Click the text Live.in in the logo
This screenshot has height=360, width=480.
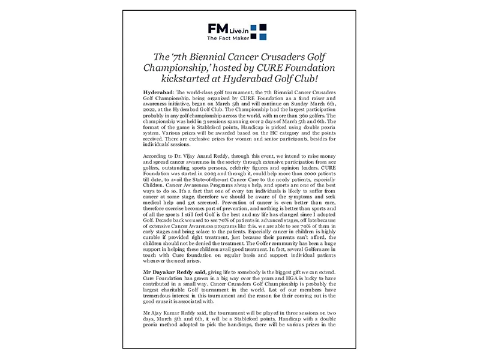tap(241, 29)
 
